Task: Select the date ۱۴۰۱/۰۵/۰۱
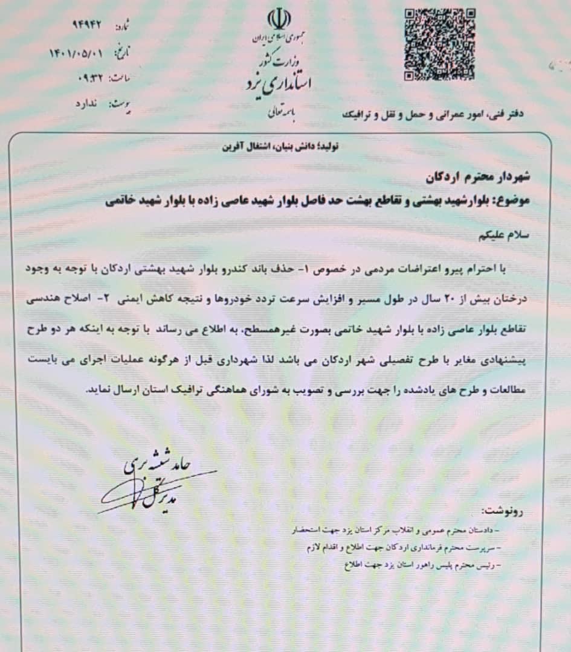click(x=76, y=53)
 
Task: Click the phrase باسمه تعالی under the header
click(x=279, y=113)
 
